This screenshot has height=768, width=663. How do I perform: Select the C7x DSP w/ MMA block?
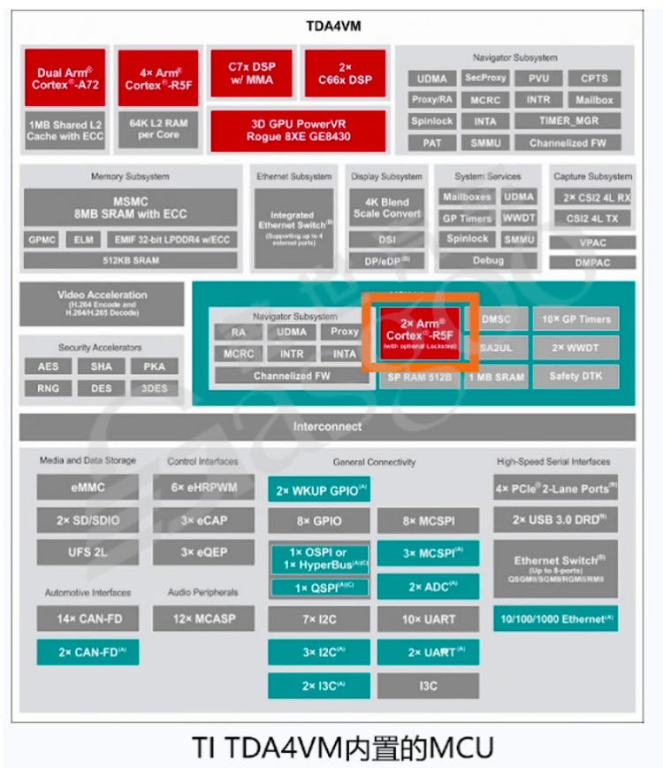pos(250,73)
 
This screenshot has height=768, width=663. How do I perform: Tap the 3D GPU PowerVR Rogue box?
pos(298,130)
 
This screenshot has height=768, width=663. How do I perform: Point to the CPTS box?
pos(588,79)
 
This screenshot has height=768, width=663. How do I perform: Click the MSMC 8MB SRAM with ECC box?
pos(131,207)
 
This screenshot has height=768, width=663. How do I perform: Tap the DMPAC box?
pos(591,263)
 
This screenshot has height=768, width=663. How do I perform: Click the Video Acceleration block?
pos(102,303)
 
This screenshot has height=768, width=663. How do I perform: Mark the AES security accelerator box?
pos(48,366)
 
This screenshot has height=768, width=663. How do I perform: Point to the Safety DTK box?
pos(575,376)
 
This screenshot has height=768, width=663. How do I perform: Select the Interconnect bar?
pos(327,426)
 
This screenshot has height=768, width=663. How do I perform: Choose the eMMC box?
pos(87,488)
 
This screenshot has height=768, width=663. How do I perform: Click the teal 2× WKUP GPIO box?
pos(318,490)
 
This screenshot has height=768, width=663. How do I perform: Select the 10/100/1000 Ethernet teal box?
pos(555,618)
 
